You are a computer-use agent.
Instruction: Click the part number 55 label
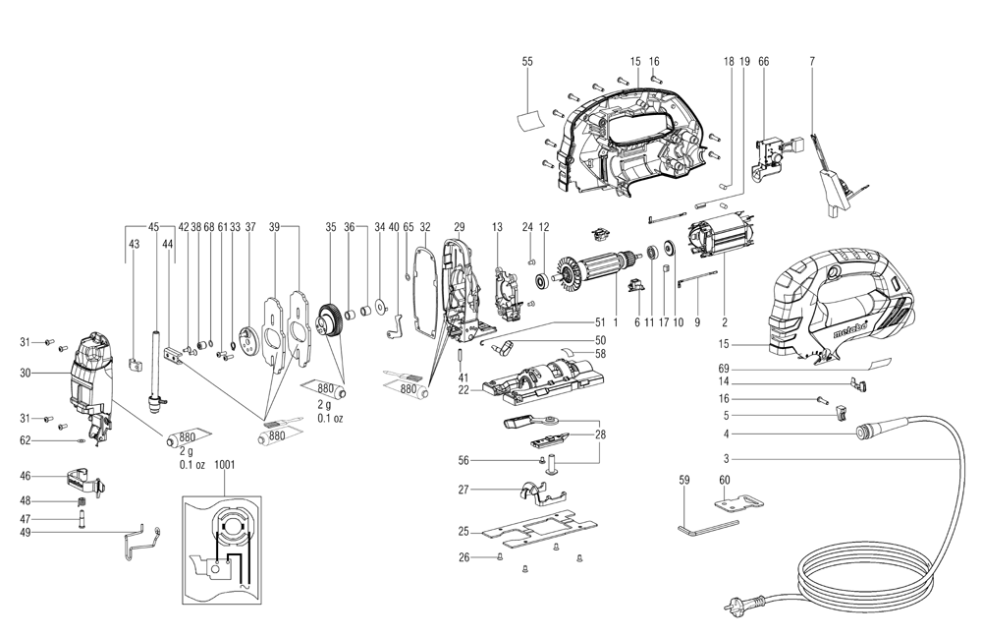527,61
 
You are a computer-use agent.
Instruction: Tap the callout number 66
763,61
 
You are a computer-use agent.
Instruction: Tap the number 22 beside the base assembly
463,389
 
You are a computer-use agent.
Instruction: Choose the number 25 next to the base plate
463,532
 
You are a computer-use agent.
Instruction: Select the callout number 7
812,61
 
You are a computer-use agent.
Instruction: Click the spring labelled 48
82,503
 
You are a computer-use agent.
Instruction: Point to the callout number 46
26,476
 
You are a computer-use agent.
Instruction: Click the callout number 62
26,440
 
